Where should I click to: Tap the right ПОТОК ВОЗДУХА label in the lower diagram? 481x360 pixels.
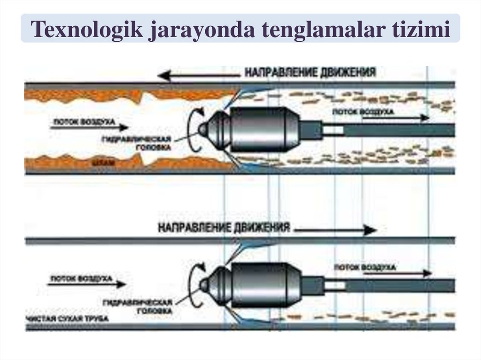(x=365, y=267)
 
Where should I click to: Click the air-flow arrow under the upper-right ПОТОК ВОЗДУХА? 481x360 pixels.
(x=395, y=118)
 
